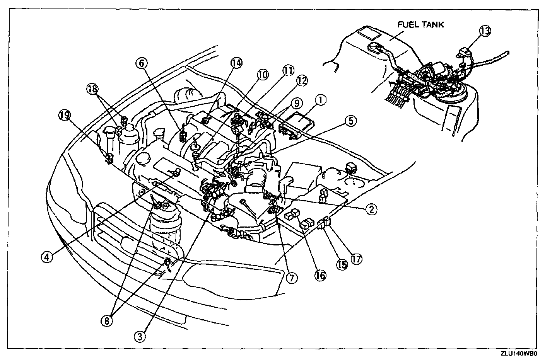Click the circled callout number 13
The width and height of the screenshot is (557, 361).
485,31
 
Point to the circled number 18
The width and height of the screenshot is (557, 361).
92,89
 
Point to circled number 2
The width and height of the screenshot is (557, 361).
371,209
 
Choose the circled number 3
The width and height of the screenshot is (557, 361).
141,336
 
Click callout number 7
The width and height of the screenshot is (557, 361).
292,277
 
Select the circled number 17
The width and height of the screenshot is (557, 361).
356,259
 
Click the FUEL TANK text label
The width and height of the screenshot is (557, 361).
421,25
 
